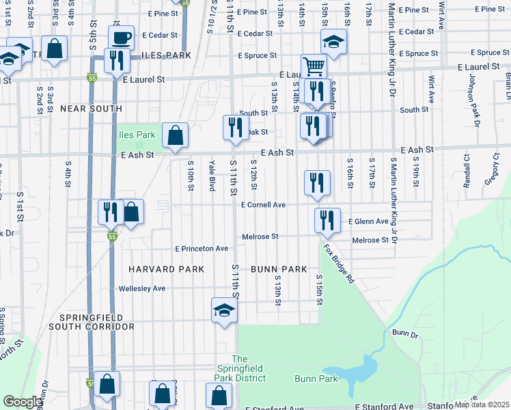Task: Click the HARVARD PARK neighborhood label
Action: coord(170,269)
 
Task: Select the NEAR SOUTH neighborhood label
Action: coord(91,109)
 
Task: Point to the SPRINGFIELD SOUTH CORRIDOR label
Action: coord(91,323)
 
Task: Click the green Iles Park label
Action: coord(137,135)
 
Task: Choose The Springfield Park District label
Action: coord(238,368)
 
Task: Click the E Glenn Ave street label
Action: coord(368,221)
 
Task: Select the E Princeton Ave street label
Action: coord(202,249)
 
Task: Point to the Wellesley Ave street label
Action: coord(142,288)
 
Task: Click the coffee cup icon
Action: coord(122,38)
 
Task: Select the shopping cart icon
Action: coord(314,66)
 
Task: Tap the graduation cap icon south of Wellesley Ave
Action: coord(224,311)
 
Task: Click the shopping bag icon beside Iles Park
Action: coord(176,135)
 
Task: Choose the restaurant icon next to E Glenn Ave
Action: coord(327,220)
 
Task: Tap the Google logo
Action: coord(23,402)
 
